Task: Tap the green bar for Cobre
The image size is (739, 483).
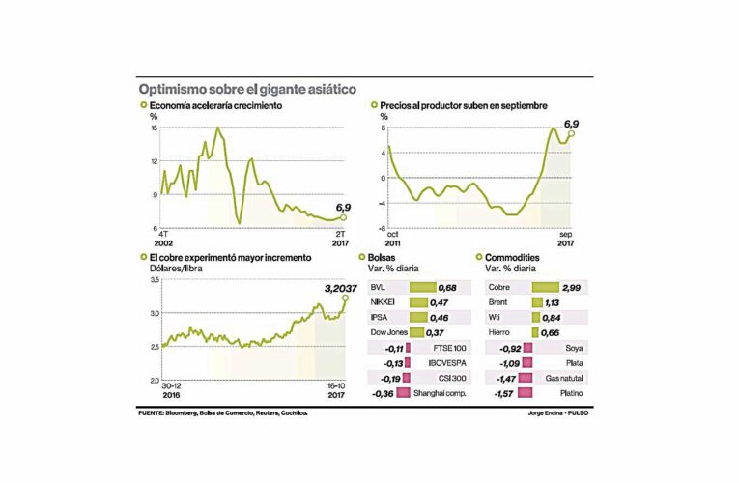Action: pos(546,288)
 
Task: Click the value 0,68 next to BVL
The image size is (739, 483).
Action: pos(448,288)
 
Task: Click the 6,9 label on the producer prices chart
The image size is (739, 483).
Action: pos(571,124)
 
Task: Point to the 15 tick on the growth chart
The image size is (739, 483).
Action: pos(153,128)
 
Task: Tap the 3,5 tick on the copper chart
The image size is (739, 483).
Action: pos(153,278)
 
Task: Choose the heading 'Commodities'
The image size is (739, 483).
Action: pos(517,259)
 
